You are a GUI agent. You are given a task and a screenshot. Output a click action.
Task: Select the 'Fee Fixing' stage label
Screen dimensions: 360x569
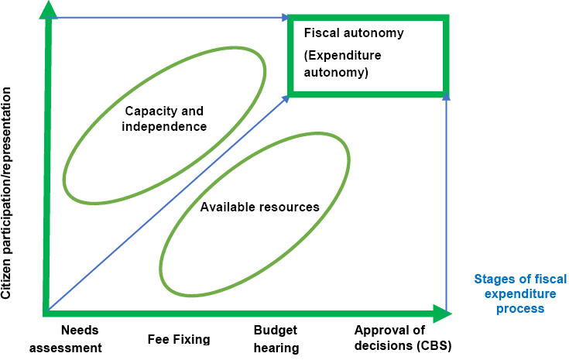[x=178, y=339]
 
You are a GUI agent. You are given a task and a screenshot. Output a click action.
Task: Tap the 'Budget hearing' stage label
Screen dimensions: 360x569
[x=276, y=339]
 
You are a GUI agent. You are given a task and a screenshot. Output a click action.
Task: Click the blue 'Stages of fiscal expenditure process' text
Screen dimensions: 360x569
[x=515, y=294]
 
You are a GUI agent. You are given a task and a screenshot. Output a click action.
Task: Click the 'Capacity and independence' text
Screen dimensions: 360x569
[x=164, y=118]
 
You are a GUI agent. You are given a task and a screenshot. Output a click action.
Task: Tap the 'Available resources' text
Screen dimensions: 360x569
[x=260, y=207]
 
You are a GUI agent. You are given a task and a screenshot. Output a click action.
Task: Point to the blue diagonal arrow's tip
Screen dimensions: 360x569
[x=286, y=97]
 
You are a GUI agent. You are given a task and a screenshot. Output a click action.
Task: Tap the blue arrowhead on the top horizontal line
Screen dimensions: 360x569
[x=286, y=16]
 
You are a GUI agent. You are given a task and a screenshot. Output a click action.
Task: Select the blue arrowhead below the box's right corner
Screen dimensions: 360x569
[x=446, y=97]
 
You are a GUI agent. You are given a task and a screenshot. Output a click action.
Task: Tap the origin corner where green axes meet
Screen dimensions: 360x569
[x=48, y=313]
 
